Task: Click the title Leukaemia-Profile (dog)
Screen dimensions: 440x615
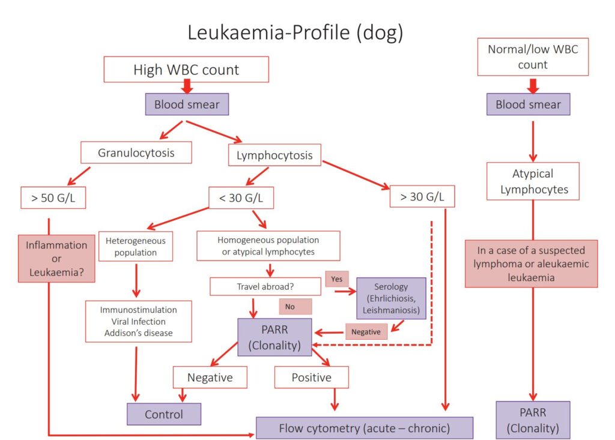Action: point(295,32)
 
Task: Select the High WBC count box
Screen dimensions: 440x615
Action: point(186,70)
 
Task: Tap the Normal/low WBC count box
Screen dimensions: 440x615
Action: point(533,56)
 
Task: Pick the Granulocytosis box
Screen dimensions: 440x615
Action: point(136,152)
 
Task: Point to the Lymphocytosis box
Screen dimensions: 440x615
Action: point(274,155)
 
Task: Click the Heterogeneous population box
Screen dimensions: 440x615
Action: point(135,246)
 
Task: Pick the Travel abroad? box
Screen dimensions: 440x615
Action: point(264,286)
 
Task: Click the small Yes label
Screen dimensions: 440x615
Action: point(336,279)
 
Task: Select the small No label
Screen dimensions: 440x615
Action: point(294,306)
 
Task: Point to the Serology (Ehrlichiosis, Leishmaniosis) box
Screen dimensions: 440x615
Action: point(391,298)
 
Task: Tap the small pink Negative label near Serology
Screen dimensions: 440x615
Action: point(366,331)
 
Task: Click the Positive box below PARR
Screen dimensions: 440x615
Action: point(311,378)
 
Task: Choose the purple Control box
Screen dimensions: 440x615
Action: point(163,414)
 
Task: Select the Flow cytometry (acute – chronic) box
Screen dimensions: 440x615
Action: point(364,428)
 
